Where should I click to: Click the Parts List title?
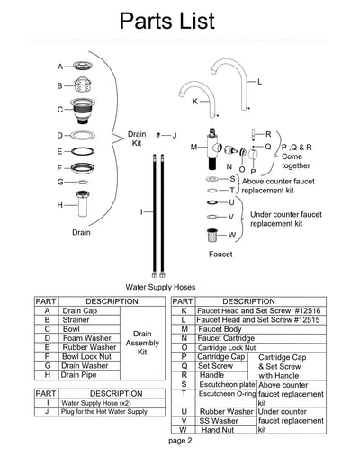tap(180, 22)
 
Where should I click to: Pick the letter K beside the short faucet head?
tap(194, 102)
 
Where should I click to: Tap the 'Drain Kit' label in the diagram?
tap(137, 138)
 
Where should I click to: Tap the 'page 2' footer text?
tap(180, 442)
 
